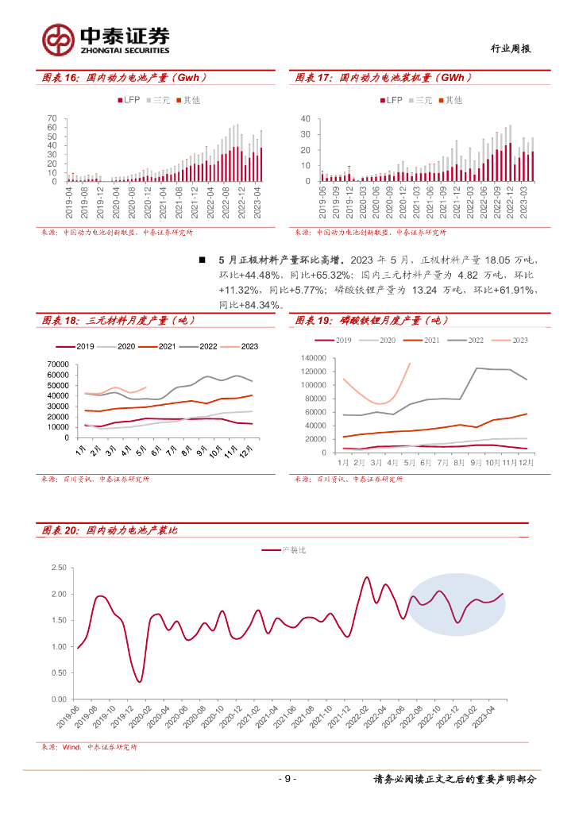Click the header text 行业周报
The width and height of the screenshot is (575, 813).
(x=510, y=48)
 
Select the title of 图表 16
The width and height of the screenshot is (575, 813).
(x=124, y=78)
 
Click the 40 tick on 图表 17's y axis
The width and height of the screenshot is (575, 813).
(x=304, y=118)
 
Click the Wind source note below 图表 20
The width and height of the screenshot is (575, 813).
(x=88, y=747)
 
